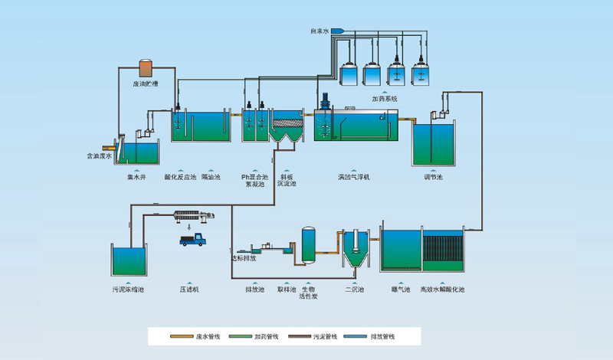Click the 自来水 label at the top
[x=319, y=31]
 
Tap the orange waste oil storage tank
[x=145, y=68]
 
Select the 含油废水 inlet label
[x=99, y=156]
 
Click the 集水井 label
[x=136, y=177]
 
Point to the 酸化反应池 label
[x=179, y=177]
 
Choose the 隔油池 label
[x=211, y=177]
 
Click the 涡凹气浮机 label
[x=353, y=177]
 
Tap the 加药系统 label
[x=384, y=99]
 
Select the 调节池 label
[x=434, y=177]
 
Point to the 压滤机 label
[x=190, y=290]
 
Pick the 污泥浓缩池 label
[x=128, y=290]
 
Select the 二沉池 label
[x=354, y=290]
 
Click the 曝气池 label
[x=401, y=290]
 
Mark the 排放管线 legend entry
[x=384, y=336]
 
